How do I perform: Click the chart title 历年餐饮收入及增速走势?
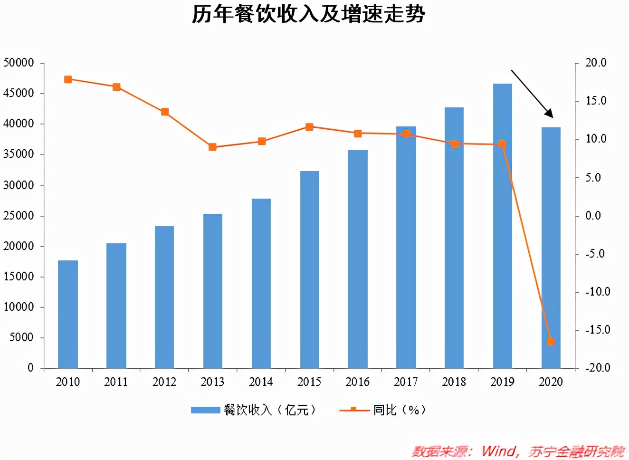tap(308, 14)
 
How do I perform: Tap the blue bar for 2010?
tap(68, 314)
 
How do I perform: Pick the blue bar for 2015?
tap(309, 269)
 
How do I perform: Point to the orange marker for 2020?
tap(551, 341)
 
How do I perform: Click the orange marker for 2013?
tap(212, 147)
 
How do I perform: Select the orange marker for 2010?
tap(68, 79)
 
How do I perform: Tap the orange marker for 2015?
tap(309, 127)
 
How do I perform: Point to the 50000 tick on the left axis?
tap(19, 63)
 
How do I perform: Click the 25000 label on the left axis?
tap(19, 216)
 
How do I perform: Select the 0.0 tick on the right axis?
tap(593, 216)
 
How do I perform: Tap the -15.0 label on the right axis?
tap(597, 330)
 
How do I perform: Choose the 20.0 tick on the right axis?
tap(596, 63)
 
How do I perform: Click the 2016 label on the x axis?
tap(358, 382)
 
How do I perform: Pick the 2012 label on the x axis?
tap(164, 382)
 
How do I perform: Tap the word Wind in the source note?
tap(498, 451)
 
